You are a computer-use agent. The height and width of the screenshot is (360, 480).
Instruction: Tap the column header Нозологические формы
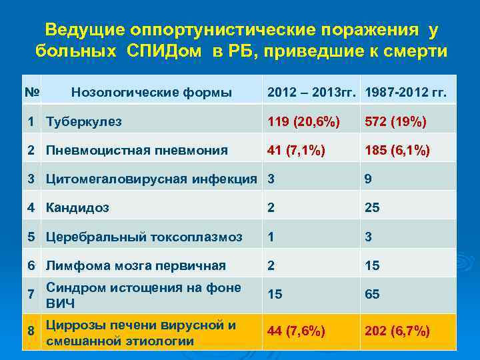pyautogui.click(x=151, y=93)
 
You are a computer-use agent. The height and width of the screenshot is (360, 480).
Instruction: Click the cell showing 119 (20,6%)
pyautogui.click(x=303, y=121)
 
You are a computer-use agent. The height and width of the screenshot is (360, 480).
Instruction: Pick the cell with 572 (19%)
pyautogui.click(x=395, y=121)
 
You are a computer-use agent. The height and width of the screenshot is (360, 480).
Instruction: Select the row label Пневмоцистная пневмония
pyautogui.click(x=137, y=150)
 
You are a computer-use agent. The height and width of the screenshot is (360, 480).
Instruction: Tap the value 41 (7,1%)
pyautogui.click(x=297, y=150)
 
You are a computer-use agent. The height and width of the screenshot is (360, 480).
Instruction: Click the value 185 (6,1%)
pyautogui.click(x=397, y=150)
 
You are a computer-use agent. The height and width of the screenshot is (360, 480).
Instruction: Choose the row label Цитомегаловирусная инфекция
pyautogui.click(x=151, y=179)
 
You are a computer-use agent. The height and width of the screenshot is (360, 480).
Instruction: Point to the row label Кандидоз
pyautogui.click(x=77, y=207)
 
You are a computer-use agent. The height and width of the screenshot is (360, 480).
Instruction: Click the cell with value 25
pyautogui.click(x=372, y=207)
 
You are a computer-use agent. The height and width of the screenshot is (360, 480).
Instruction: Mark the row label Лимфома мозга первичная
pyautogui.click(x=135, y=265)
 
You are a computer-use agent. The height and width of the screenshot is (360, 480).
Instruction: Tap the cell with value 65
pyautogui.click(x=372, y=294)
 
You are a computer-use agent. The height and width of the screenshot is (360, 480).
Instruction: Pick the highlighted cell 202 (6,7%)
pyautogui.click(x=397, y=331)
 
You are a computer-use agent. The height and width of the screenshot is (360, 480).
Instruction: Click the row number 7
pyautogui.click(x=31, y=294)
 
